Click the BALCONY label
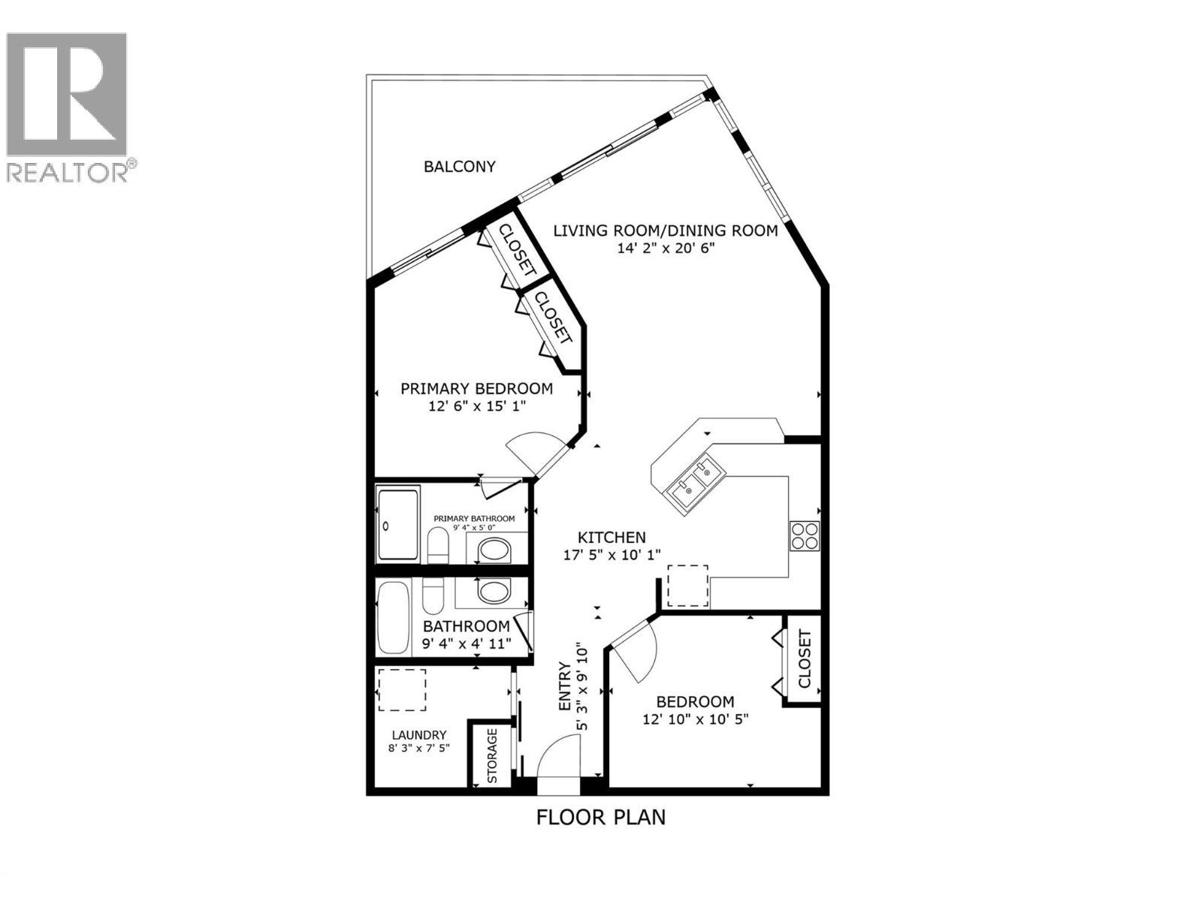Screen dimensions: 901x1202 (460, 167)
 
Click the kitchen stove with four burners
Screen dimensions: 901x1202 (804, 535)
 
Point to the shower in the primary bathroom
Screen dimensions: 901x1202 (397, 524)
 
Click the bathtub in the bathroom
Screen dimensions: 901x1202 (392, 617)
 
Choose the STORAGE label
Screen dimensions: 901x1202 (492, 755)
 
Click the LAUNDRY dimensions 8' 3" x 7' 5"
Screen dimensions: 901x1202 (419, 748)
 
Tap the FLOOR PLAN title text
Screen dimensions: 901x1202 (601, 817)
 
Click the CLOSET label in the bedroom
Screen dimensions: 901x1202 (805, 659)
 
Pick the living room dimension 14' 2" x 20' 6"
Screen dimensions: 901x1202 (666, 248)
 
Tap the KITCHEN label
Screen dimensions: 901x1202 (612, 538)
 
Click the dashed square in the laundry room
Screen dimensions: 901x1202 (401, 689)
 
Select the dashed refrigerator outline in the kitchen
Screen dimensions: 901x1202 (687, 586)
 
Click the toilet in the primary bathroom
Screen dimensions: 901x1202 (438, 546)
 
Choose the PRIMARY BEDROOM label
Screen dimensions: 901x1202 (476, 389)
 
